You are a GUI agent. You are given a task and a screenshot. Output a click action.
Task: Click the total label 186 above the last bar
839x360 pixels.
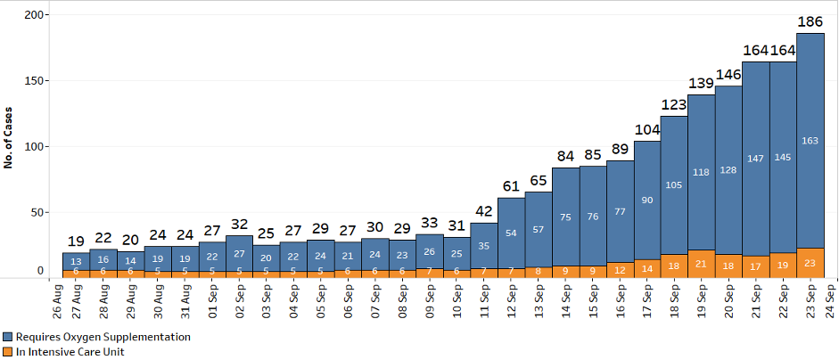click(810, 20)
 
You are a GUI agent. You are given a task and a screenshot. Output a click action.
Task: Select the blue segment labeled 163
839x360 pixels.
click(810, 140)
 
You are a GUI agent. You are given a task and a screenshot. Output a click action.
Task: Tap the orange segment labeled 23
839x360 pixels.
click(810, 263)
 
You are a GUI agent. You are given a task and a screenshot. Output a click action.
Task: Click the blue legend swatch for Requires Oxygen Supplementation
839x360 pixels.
click(7, 337)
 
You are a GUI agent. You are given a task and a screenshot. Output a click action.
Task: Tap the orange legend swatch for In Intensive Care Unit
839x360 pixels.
click(7, 351)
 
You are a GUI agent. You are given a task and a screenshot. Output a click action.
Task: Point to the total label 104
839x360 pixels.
click(647, 129)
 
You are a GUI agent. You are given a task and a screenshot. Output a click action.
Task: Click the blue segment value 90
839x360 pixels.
click(647, 200)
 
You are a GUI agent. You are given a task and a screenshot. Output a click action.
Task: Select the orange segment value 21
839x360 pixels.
click(701, 264)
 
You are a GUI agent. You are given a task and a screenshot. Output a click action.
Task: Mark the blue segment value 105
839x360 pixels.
click(674, 184)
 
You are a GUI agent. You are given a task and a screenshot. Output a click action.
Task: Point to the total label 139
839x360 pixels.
click(701, 83)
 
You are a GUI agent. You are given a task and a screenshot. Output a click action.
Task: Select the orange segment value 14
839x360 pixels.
click(647, 267)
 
